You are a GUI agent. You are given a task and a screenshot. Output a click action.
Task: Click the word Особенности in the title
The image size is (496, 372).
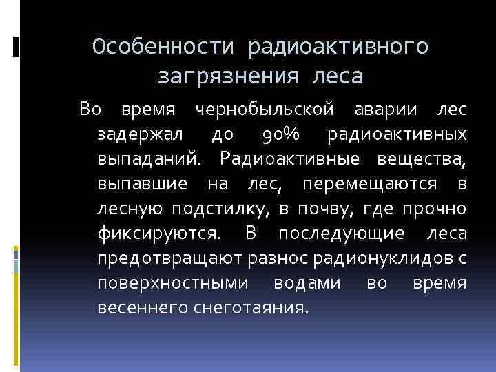tap(166, 46)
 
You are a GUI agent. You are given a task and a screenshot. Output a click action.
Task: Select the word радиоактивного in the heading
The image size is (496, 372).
tap(340, 46)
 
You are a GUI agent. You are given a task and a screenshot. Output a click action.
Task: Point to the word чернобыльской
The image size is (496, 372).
tap(265, 109)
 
